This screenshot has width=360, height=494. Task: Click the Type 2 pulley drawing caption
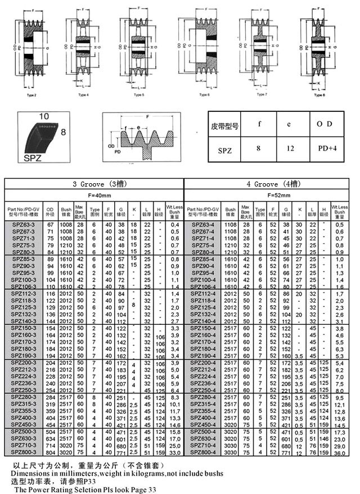[31, 96]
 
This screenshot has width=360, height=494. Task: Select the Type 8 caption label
[320, 96]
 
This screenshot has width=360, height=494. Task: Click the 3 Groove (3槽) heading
[93, 183]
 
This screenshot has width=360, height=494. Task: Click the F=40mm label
[93, 195]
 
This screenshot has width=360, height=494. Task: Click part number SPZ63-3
[24, 225]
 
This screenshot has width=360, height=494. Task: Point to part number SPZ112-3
[24, 294]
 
